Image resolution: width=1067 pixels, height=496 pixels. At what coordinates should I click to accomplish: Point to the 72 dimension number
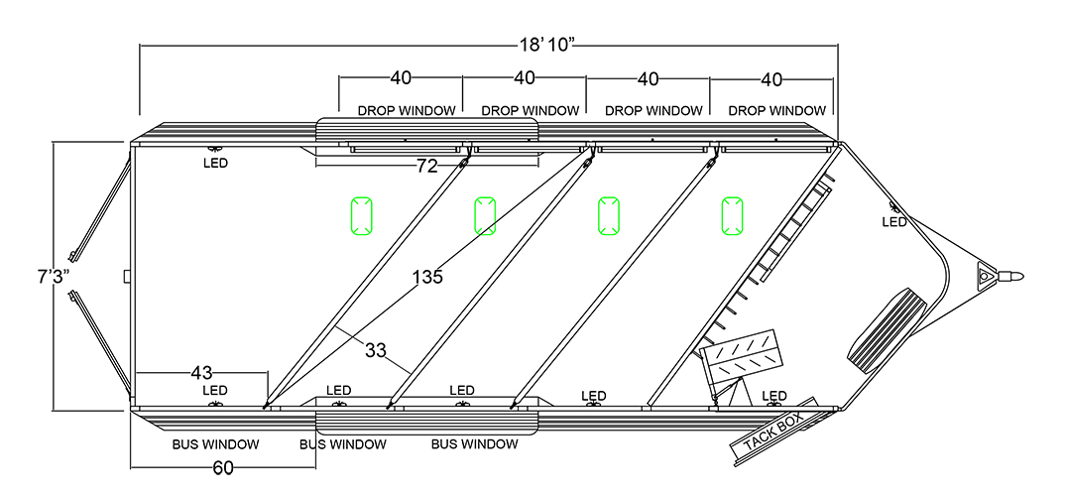[x=426, y=167]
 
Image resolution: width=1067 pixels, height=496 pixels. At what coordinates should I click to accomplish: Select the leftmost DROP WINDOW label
[x=407, y=110]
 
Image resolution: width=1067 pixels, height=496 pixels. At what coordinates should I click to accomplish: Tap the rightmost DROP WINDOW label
[x=776, y=110]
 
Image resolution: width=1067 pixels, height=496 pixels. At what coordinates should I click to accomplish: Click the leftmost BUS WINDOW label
[x=216, y=444]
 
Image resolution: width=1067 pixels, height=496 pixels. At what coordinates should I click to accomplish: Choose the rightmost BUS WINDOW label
[x=474, y=444]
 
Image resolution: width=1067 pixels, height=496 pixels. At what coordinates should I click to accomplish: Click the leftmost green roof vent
[x=361, y=215]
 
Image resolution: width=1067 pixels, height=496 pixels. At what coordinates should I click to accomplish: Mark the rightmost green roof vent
[x=732, y=215]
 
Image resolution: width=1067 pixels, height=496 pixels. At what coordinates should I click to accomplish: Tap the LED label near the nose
[x=894, y=221]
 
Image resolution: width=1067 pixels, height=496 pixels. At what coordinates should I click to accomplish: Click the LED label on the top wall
[x=215, y=163]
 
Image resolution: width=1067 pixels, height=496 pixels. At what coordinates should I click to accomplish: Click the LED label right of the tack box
[x=774, y=396]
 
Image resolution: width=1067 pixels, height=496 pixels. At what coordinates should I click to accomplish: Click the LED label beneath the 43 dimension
[x=215, y=391]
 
